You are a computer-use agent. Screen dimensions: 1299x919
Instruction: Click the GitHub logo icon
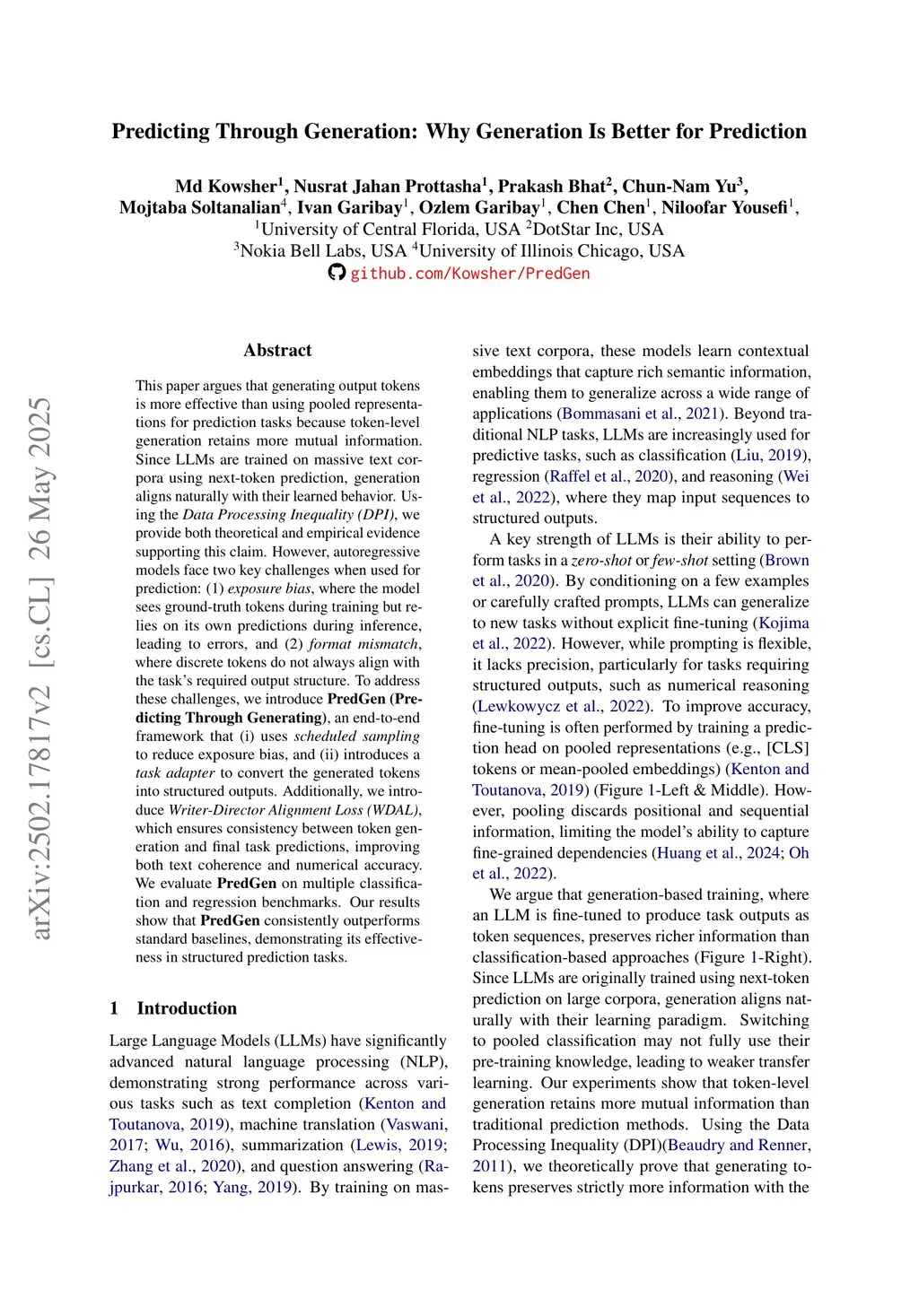337,273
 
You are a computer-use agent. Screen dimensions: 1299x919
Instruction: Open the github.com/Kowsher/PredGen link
469,274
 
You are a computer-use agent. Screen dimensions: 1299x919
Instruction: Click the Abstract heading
277,351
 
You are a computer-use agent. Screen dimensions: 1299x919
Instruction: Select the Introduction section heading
187,1008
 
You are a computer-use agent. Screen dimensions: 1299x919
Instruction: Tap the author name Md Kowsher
226,187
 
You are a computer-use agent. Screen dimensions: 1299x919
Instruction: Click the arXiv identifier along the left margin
41,668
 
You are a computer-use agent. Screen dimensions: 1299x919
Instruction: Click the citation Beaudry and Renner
739,1145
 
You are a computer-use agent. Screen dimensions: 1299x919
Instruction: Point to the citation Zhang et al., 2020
173,1166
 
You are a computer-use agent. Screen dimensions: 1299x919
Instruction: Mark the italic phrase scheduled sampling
356,737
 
